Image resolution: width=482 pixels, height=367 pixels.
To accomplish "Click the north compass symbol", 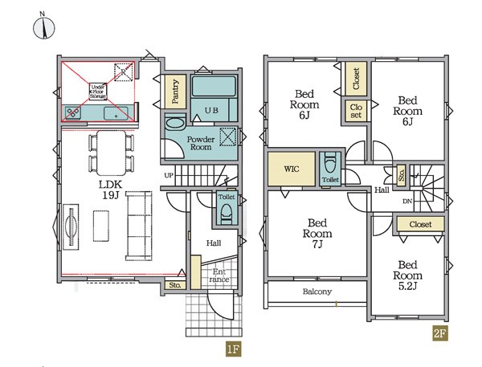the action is (x=44, y=27).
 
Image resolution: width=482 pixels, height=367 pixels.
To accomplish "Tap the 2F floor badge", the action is (x=440, y=333).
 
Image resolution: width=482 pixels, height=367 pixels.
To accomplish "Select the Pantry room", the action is (x=175, y=92).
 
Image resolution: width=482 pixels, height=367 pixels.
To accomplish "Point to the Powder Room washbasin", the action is (x=175, y=123).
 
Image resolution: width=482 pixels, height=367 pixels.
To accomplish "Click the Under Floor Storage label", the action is (x=98, y=92).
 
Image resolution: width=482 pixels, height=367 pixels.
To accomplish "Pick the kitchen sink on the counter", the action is (x=116, y=113).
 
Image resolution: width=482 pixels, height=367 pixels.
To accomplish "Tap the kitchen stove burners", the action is (x=73, y=113).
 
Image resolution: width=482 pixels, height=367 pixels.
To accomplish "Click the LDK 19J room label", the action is (x=110, y=190).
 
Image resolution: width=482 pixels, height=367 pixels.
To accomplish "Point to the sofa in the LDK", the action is (x=139, y=226).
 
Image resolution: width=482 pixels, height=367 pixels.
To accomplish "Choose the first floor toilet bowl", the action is (x=227, y=214).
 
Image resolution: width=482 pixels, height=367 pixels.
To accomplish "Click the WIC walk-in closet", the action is (x=291, y=169).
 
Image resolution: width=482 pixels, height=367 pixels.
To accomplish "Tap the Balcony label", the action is (x=317, y=291).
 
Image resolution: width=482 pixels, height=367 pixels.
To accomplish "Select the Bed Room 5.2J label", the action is (x=407, y=275).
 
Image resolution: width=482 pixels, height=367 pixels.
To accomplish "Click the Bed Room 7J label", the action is (x=317, y=234).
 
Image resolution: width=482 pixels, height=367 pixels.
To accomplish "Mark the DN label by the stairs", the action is (x=407, y=202).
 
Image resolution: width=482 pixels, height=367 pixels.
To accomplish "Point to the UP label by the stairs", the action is (x=169, y=176).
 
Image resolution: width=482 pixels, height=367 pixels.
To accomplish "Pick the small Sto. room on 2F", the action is (x=401, y=176).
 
